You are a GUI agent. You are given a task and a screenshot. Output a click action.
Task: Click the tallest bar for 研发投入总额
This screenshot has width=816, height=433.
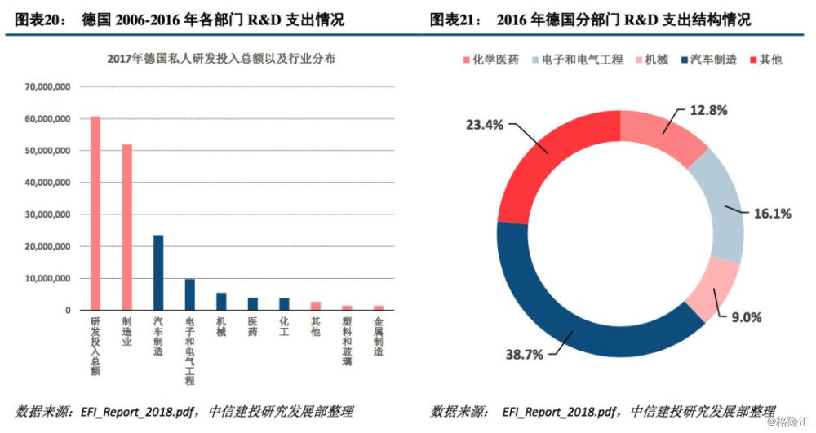[95, 213]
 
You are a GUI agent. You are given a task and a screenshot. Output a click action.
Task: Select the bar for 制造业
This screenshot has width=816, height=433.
[127, 227]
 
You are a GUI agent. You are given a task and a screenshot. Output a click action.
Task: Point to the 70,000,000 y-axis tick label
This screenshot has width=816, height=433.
[47, 87]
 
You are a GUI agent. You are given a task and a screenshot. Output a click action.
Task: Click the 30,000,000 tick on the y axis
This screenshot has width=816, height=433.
[47, 214]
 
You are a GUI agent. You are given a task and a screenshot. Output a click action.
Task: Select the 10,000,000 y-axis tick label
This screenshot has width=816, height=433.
[47, 278]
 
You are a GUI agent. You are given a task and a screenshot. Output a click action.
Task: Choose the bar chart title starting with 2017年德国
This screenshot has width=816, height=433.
[220, 59]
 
